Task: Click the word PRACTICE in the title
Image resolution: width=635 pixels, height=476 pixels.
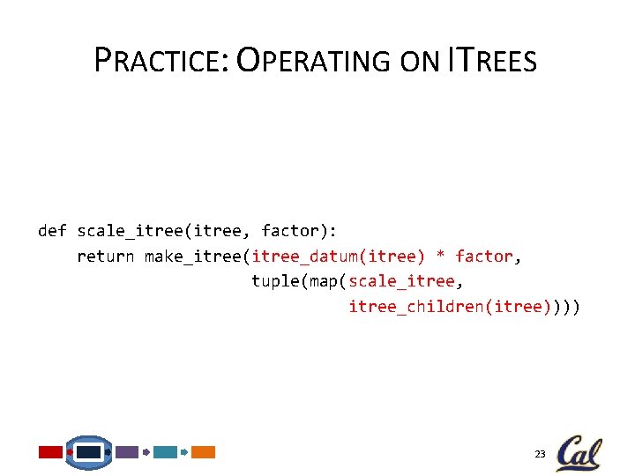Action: click(x=161, y=61)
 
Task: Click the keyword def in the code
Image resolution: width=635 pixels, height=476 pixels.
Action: click(x=52, y=231)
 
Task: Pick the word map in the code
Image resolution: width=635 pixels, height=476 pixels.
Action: click(x=324, y=281)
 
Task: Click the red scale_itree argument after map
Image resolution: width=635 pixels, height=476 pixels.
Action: click(x=401, y=281)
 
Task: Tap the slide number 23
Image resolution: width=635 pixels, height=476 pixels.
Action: click(x=540, y=454)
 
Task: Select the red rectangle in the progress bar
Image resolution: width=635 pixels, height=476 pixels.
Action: click(x=51, y=452)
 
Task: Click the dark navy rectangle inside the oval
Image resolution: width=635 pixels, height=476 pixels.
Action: click(x=89, y=452)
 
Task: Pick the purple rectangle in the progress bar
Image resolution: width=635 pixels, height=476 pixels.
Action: click(x=127, y=452)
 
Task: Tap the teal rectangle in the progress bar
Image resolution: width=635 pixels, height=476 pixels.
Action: click(x=165, y=452)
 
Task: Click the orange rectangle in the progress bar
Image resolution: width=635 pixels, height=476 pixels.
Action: click(x=204, y=452)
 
